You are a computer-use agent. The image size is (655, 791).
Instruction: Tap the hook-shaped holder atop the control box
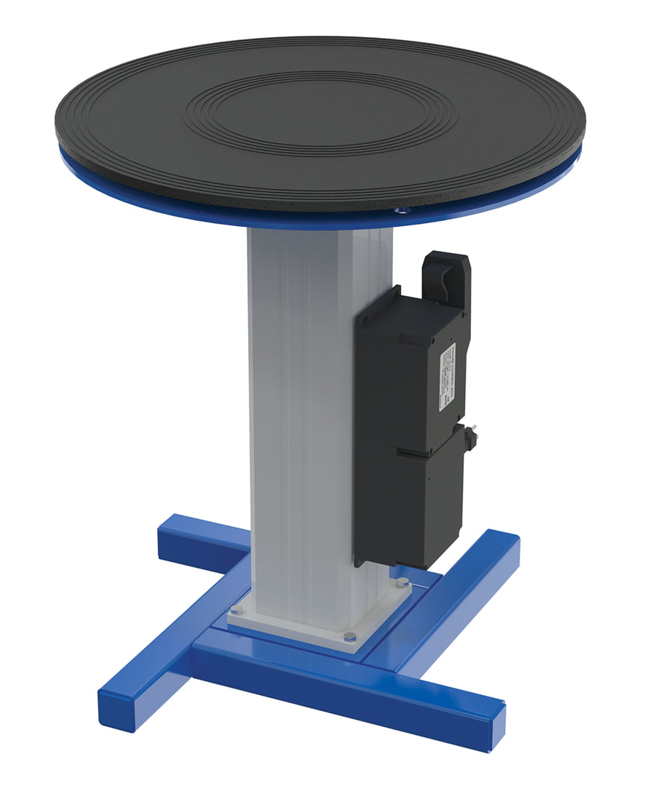[x=445, y=277]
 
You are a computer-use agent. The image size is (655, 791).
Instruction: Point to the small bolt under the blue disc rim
[x=399, y=210]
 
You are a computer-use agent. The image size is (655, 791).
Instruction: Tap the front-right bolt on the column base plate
[x=350, y=637]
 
